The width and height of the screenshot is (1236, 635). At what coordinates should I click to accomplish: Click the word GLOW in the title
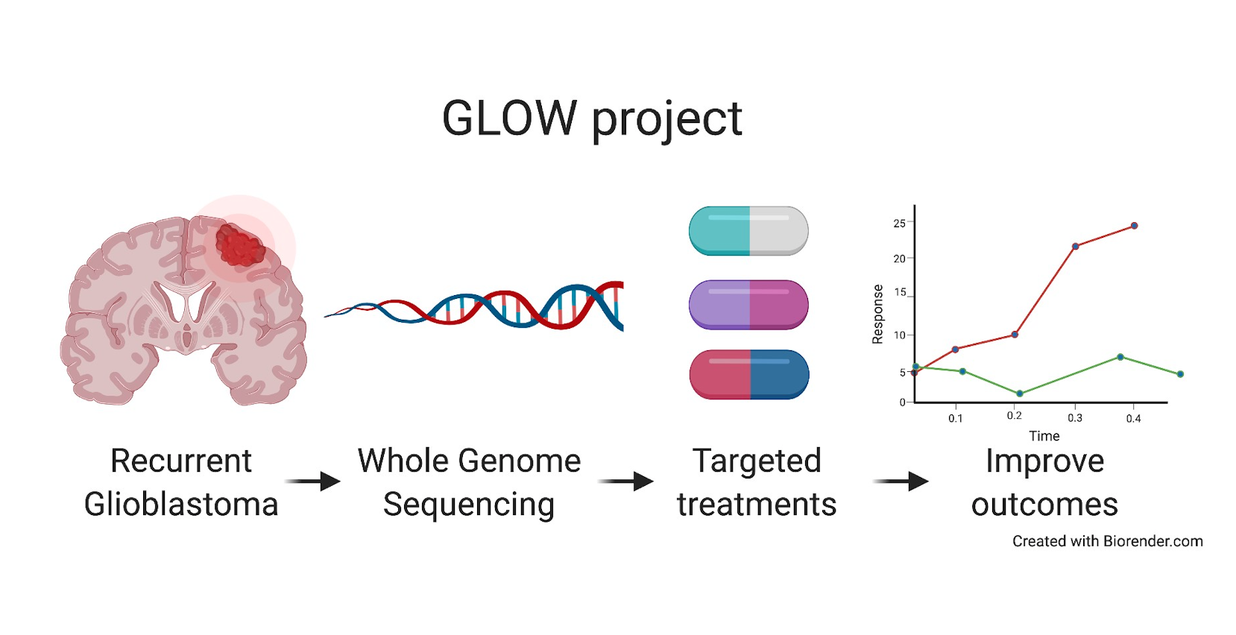point(509,119)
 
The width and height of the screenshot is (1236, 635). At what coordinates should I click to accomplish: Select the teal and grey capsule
point(748,231)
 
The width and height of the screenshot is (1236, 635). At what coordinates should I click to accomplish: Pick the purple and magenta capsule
point(748,304)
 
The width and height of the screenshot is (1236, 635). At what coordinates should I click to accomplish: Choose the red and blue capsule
point(748,374)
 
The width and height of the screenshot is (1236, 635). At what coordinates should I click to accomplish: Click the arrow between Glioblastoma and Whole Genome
point(313,481)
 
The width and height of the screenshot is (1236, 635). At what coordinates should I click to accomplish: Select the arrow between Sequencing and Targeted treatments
point(626,481)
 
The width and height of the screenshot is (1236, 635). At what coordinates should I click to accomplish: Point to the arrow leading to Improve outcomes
point(901,481)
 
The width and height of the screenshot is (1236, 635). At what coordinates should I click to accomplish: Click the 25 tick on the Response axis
point(899,224)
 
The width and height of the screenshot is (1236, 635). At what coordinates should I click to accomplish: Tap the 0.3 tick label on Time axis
point(1074,418)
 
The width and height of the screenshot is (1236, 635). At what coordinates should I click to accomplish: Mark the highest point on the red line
point(1134,225)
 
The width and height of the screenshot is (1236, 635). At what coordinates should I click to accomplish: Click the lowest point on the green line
point(1020,394)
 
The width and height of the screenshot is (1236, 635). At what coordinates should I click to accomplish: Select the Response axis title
point(877,314)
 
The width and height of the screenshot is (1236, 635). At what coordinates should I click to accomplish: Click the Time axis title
point(1044,436)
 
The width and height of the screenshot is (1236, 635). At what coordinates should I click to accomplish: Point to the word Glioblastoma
point(181,505)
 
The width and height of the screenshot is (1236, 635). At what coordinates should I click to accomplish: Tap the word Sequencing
point(469,505)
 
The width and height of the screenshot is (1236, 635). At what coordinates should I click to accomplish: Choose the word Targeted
point(757,461)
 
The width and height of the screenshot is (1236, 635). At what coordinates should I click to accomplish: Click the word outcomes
point(1044,505)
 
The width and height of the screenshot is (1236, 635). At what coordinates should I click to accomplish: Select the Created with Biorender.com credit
point(1107,541)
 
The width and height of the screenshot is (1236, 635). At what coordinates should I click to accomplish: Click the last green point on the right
point(1180,374)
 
